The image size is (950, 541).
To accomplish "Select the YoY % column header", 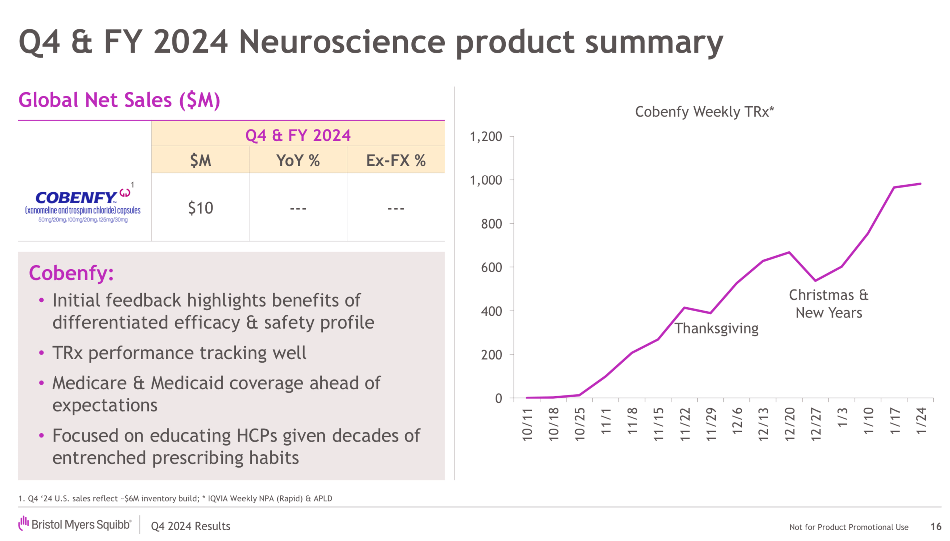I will pos(297,160).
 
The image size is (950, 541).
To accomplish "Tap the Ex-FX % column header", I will pos(395,160).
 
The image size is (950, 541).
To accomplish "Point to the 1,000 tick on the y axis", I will pos(485,180).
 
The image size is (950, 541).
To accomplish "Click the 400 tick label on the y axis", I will pos(491,311).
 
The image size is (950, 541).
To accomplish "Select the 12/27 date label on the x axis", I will pos(815,423).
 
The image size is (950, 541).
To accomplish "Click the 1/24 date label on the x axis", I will pos(921,421).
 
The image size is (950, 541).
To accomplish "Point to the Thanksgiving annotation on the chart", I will pos(716,328).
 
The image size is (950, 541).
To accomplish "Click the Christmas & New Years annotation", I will pos(828,304).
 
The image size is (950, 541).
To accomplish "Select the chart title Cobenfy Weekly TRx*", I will pos(704,111).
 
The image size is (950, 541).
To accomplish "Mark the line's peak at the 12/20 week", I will pos(789,253).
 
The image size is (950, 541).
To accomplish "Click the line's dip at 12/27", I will pos(815,280).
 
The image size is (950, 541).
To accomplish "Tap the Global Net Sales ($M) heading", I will pos(119,100).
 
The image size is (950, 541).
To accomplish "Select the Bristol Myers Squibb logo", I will pos(75,524).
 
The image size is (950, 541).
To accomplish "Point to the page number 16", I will pos(935,526).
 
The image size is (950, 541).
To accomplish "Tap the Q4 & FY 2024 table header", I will pos(297,135).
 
